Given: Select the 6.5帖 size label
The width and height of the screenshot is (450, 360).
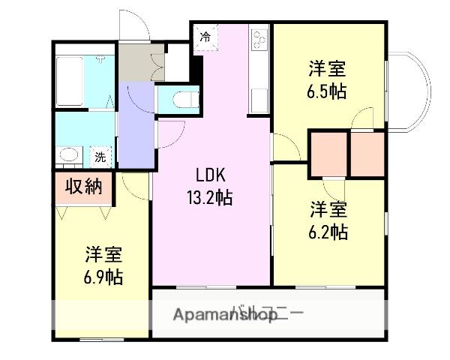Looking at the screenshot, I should click(327, 91).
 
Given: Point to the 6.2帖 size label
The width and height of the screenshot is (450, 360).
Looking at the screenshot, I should click(328, 232).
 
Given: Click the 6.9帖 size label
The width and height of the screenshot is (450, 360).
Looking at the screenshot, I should click(104, 276).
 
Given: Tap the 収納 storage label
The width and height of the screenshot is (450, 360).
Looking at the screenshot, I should click(82, 187).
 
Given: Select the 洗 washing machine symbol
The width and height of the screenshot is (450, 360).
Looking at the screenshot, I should click(99, 157).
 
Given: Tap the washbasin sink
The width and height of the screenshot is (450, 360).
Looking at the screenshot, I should click(69, 156).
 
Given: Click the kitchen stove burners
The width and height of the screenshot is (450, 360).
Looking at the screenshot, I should click(260, 39).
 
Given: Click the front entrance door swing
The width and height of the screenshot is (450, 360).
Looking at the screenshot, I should click(135, 26).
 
